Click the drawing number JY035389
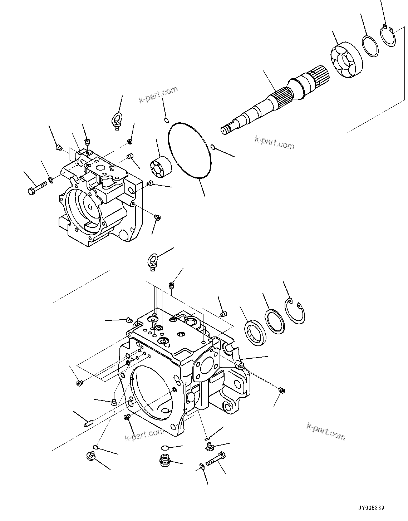pyautogui.click(x=371, y=508)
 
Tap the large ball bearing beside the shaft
pyautogui.click(x=346, y=62)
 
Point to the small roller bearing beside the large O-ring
pyautogui.click(x=161, y=167)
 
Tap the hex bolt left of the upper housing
pyautogui.click(x=36, y=188)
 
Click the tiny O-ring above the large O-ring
pyautogui.click(x=166, y=120)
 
